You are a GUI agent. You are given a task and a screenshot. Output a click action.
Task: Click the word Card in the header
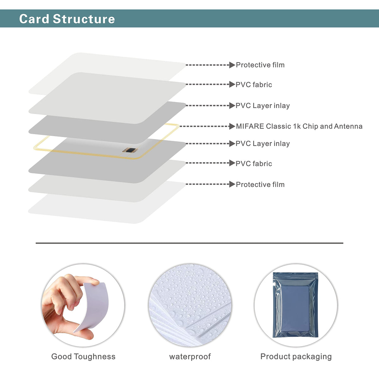pos(34,19)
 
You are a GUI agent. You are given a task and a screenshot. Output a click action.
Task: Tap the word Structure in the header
pos(84,19)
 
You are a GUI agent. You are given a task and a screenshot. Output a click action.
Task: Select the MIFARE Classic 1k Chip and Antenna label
pos(299,126)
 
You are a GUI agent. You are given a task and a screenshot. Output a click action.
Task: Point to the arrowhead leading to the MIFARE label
pos(232,126)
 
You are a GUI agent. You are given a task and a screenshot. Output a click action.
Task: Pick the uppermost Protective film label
pos(260,65)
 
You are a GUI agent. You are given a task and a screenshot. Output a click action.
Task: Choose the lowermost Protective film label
pos(260,184)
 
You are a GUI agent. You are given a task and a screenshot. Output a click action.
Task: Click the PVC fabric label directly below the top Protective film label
pos(254,85)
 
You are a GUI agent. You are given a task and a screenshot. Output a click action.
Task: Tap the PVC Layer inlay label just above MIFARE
pos(262,106)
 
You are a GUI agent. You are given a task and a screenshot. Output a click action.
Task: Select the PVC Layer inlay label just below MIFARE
pos(262,144)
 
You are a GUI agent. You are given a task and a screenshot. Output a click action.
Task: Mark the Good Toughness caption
pos(83,357)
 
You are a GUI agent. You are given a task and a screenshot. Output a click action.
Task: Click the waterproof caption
pos(190,357)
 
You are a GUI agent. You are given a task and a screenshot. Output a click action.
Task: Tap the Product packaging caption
pos(296,357)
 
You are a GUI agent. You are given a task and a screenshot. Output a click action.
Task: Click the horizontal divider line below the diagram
pos(189,243)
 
